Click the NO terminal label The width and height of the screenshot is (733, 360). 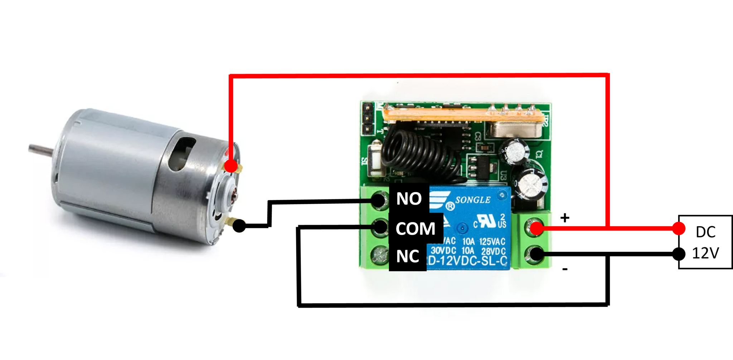(409, 199)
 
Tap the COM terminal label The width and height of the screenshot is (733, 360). (415, 229)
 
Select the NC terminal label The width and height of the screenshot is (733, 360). (407, 257)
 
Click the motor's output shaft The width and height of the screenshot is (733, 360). (41, 148)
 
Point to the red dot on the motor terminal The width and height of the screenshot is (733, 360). (231, 166)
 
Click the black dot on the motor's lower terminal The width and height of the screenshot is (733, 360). (239, 226)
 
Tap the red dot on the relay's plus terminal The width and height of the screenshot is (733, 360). (536, 228)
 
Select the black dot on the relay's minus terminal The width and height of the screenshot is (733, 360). (536, 254)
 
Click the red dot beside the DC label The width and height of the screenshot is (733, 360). (678, 228)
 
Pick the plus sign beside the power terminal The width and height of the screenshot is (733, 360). (565, 218)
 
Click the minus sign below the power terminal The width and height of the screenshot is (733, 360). (565, 269)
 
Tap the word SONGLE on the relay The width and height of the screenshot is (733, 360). (473, 200)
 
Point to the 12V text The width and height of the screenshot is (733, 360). (705, 253)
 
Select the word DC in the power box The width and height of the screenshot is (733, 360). (705, 232)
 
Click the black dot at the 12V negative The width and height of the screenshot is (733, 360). (680, 254)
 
